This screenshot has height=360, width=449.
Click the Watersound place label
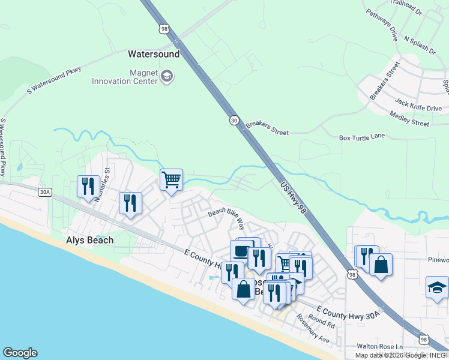154,54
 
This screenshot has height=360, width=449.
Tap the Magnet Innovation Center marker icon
167,76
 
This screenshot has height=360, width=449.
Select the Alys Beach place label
89,240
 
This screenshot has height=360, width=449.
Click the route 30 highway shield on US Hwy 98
234,121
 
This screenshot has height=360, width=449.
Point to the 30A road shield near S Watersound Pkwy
44,192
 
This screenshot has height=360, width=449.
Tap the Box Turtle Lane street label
361,137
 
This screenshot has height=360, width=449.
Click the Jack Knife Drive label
418,104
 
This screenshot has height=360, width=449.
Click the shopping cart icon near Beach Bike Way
172,178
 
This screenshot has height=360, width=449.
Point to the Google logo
20,353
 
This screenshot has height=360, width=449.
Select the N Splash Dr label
420,46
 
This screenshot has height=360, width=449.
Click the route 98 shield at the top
164,29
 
